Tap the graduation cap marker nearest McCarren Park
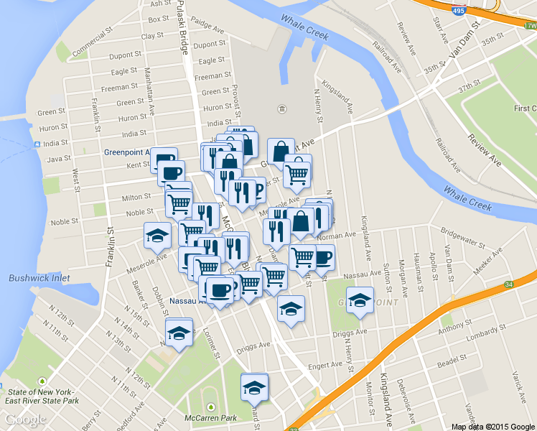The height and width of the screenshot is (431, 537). coord(253,388)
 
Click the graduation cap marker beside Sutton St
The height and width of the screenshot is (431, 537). coord(359,301)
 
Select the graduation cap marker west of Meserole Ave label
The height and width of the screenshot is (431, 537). coord(158,235)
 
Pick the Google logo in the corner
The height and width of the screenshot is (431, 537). coord(25,420)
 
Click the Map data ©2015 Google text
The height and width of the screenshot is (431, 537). coord(493,426)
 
